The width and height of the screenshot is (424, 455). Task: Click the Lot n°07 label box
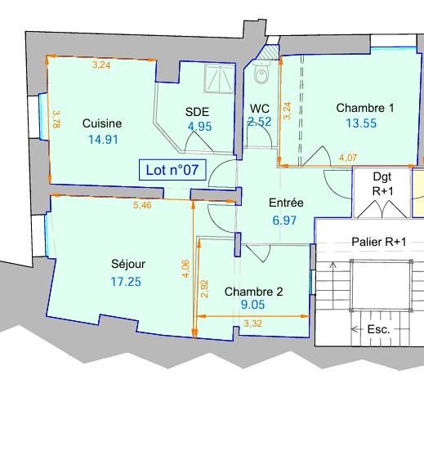click(172, 170)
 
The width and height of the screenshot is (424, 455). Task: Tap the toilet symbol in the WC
click(261, 72)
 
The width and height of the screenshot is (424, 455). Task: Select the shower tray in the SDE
click(220, 78)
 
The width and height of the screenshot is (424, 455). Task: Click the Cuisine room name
click(102, 123)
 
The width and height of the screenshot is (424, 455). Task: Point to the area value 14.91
click(103, 140)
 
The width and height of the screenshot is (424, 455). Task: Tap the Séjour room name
click(128, 264)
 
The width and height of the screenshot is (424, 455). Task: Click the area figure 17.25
click(126, 282)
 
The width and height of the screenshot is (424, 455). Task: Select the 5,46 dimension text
click(142, 205)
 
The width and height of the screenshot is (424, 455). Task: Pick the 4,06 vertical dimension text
click(185, 269)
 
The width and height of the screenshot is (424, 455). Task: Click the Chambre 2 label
click(253, 292)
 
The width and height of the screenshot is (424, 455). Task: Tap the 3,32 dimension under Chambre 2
click(252, 323)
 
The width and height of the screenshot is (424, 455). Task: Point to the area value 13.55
click(361, 123)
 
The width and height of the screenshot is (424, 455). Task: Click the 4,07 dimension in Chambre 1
click(348, 158)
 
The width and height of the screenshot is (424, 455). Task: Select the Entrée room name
click(286, 203)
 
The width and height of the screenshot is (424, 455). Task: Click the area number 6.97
click(284, 221)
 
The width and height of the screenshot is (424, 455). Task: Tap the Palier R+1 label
click(379, 242)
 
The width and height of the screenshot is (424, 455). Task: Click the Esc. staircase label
click(379, 329)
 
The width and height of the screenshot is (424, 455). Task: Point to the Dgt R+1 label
click(382, 184)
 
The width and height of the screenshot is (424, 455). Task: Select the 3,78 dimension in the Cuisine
click(56, 119)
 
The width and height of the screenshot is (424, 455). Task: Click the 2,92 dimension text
click(204, 288)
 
